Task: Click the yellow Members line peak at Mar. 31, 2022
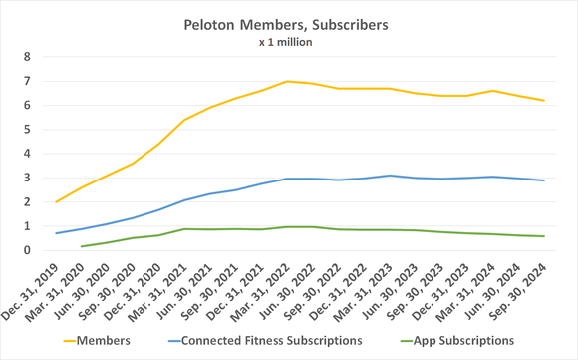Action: [x=287, y=81]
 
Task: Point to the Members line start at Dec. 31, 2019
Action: [x=56, y=202]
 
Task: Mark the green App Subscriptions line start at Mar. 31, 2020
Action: [x=82, y=246]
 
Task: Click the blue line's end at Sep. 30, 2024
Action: [x=544, y=180]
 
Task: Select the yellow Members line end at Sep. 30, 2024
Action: [x=544, y=100]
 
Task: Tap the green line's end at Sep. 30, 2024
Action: [x=544, y=236]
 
